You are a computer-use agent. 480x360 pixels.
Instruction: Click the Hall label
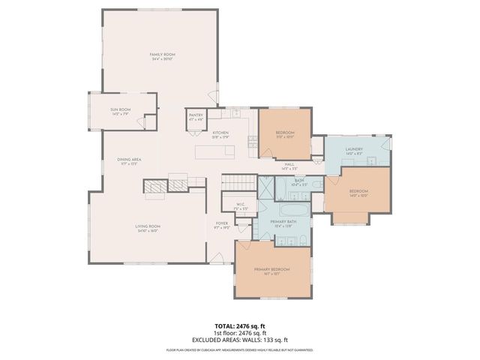tap(289, 166)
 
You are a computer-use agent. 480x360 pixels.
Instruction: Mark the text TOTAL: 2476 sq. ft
tap(240, 325)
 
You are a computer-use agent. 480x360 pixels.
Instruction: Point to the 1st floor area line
tap(240, 332)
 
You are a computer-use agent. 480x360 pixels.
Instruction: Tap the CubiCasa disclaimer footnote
tap(240, 349)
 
